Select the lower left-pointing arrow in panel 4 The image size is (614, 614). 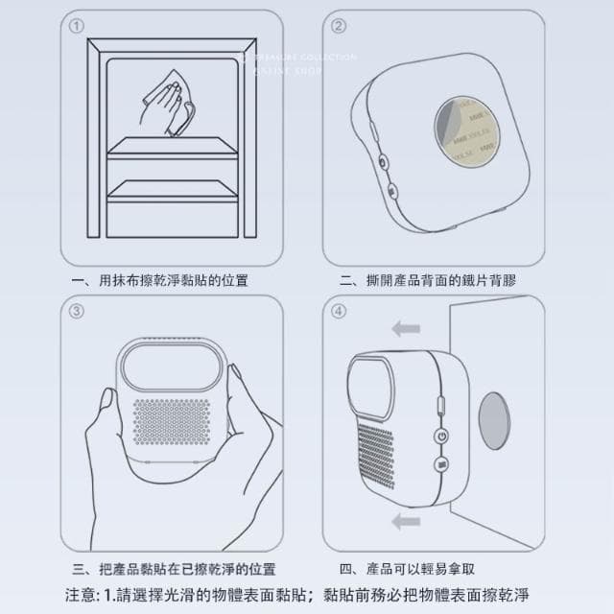407,520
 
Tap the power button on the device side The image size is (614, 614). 441,436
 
